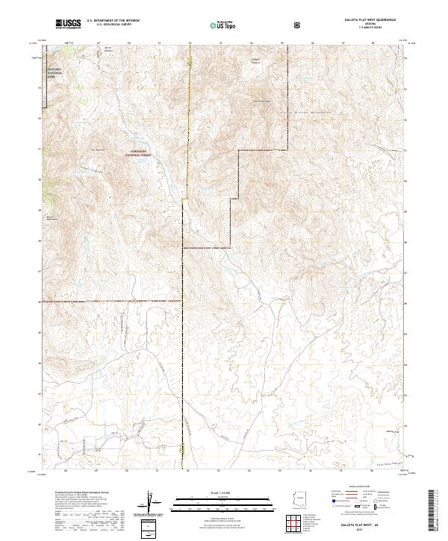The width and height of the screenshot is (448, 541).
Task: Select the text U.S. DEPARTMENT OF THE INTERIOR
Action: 113,21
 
